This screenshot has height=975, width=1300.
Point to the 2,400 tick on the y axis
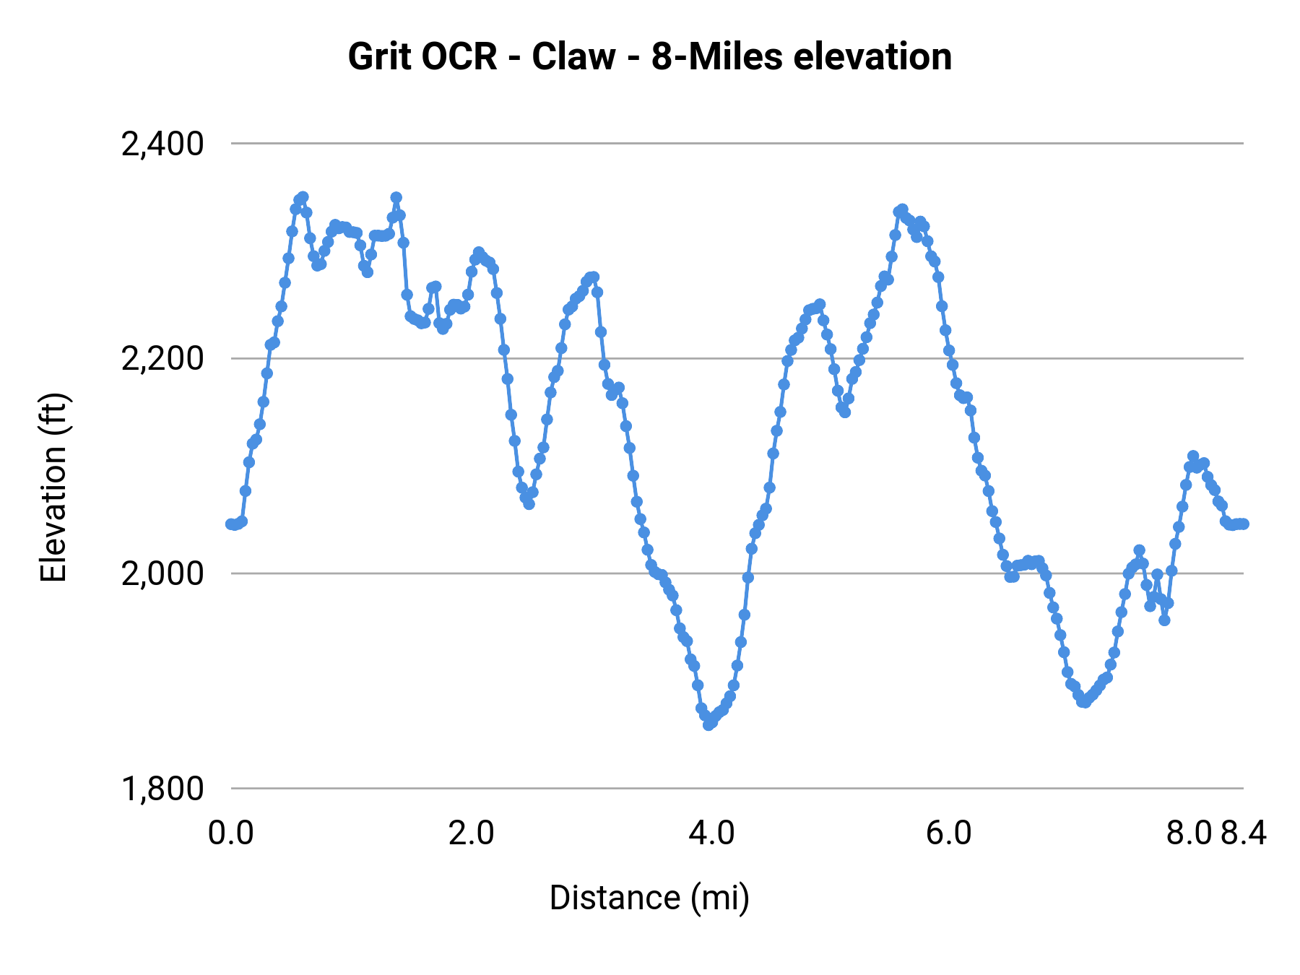(162, 144)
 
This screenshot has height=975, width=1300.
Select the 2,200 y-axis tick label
(162, 358)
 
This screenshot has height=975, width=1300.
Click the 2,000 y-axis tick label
(162, 573)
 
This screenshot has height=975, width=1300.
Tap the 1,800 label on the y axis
(162, 789)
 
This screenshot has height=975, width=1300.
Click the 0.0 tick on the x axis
(230, 833)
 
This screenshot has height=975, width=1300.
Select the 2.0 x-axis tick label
(471, 833)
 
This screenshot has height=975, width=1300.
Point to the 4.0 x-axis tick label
(711, 833)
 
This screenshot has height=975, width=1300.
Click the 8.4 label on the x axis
(1244, 833)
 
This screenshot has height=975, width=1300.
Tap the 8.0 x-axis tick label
(1189, 833)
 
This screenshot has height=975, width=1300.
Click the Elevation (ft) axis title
(54, 487)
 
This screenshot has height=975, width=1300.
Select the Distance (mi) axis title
(649, 898)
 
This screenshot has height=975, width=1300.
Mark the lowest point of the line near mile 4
(708, 724)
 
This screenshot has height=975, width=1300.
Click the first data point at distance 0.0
(230, 524)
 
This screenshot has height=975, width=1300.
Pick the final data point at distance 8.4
(1244, 524)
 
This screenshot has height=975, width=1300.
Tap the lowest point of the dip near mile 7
(1083, 702)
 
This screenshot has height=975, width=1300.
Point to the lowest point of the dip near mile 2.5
(529, 504)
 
